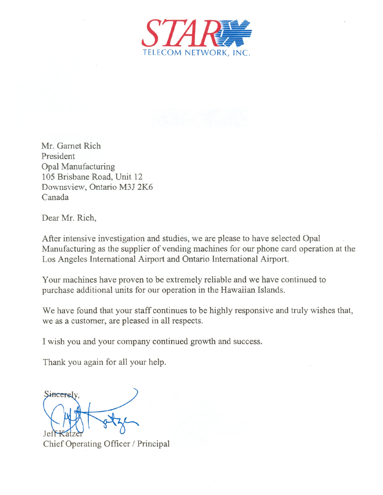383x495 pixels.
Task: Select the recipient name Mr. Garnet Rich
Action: tap(71, 146)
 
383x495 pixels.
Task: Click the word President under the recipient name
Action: tap(58, 156)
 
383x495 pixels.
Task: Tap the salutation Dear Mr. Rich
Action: tap(69, 219)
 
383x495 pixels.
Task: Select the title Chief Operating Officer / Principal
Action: tap(106, 444)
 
